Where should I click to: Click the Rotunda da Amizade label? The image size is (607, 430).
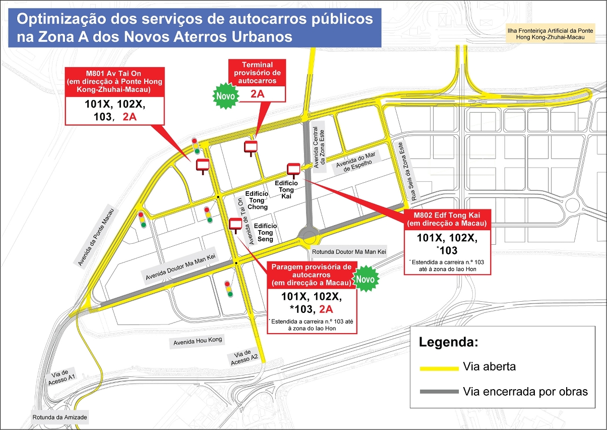[60, 417]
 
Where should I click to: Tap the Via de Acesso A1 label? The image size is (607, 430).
[64, 379]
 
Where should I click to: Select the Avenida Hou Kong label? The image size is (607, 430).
[198, 342]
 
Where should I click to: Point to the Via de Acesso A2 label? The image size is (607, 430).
[245, 355]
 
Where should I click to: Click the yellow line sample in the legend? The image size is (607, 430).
[438, 368]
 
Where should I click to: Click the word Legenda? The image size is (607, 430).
[448, 343]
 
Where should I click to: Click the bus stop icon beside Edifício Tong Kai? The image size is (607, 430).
[293, 169]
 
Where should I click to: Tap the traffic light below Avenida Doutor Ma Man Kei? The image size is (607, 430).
[229, 289]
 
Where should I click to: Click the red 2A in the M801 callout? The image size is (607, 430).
[130, 118]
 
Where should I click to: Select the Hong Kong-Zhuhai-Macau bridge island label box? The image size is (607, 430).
[551, 34]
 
